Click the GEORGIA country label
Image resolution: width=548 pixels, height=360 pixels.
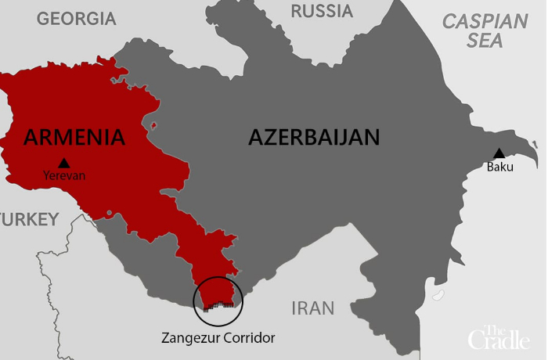[76, 19]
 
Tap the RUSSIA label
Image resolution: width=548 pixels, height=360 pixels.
[321, 11]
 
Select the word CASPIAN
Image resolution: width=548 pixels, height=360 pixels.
[485, 22]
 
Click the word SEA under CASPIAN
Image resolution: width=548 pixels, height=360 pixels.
[485, 41]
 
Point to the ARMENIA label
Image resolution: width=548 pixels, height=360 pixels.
[74, 137]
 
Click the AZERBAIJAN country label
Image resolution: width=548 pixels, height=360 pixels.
[314, 137]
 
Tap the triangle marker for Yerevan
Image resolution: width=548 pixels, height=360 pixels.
[64, 163]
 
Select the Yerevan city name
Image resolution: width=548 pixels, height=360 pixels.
[64, 176]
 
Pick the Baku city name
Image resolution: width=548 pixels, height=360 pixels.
[499, 166]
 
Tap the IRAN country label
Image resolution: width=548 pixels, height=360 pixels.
[312, 308]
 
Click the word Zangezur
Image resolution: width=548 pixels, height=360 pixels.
[192, 338]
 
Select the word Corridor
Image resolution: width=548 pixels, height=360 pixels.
[250, 338]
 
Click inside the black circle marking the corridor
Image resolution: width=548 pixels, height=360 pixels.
[218, 293]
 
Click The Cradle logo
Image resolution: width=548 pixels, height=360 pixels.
[499, 337]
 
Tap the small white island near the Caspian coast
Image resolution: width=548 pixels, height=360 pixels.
[438, 296]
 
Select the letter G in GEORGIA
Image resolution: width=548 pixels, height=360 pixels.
[44, 19]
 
